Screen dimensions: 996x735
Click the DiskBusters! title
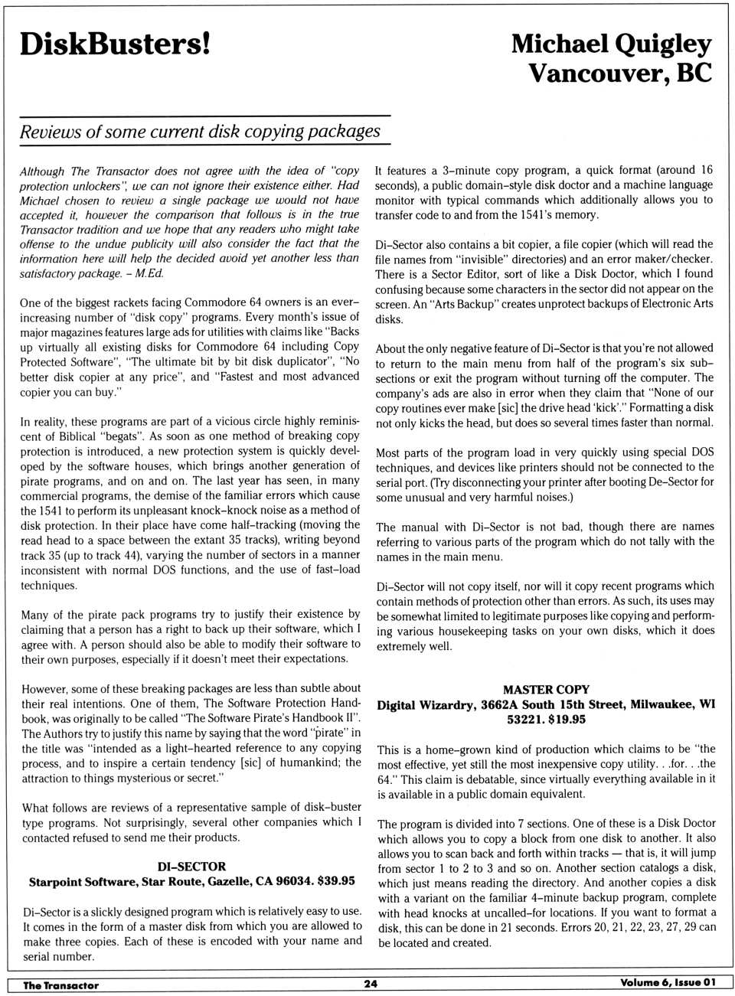coord(115,44)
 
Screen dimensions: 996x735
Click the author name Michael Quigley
coord(611,44)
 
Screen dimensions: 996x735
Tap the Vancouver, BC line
coord(620,73)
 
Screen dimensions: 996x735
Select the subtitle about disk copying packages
coord(200,131)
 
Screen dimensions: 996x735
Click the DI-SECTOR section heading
coord(191,867)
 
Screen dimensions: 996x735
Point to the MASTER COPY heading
coord(546,690)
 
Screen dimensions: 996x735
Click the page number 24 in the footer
coord(371,984)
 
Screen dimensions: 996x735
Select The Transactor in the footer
coord(61,985)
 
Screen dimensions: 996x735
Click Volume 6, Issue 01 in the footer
coord(668,983)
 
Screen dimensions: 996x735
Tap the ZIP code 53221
coord(523,720)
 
